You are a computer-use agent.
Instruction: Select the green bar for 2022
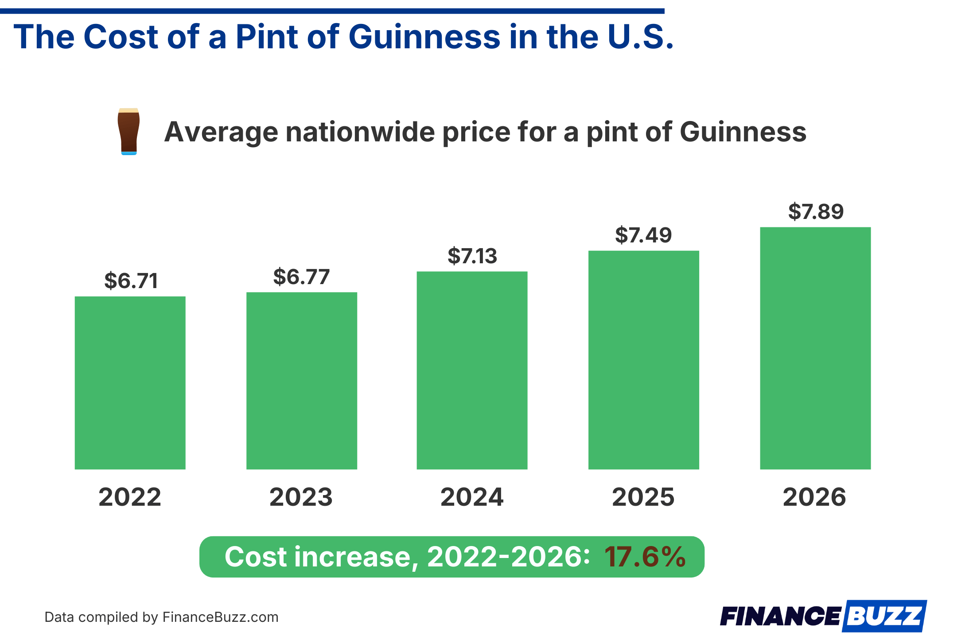pyautogui.click(x=130, y=382)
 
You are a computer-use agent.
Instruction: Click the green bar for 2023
pyautogui.click(x=302, y=380)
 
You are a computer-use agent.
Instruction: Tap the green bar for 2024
pyautogui.click(x=472, y=370)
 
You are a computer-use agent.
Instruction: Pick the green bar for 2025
pyautogui.click(x=643, y=360)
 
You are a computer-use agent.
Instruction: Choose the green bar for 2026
pyautogui.click(x=815, y=348)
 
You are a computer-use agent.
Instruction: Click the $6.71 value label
pyautogui.click(x=131, y=281)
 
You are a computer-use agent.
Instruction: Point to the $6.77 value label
pyautogui.click(x=302, y=277)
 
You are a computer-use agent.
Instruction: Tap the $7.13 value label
pyautogui.click(x=472, y=256)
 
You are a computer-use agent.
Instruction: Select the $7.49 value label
pyautogui.click(x=643, y=235)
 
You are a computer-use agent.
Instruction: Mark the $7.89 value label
pyautogui.click(x=816, y=211)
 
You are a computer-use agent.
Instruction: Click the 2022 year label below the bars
pyautogui.click(x=130, y=497)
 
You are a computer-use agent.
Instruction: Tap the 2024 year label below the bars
pyautogui.click(x=472, y=497)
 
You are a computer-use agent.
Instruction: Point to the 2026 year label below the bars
pyautogui.click(x=814, y=497)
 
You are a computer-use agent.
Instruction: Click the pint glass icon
pyautogui.click(x=128, y=131)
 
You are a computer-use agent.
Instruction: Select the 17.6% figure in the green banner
pyautogui.click(x=645, y=557)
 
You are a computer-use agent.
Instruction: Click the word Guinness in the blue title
pyautogui.click(x=424, y=37)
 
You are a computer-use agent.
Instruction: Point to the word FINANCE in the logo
pyautogui.click(x=780, y=617)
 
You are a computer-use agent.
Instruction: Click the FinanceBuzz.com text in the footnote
pyautogui.click(x=220, y=617)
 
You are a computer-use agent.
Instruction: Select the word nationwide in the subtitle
pyautogui.click(x=360, y=132)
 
